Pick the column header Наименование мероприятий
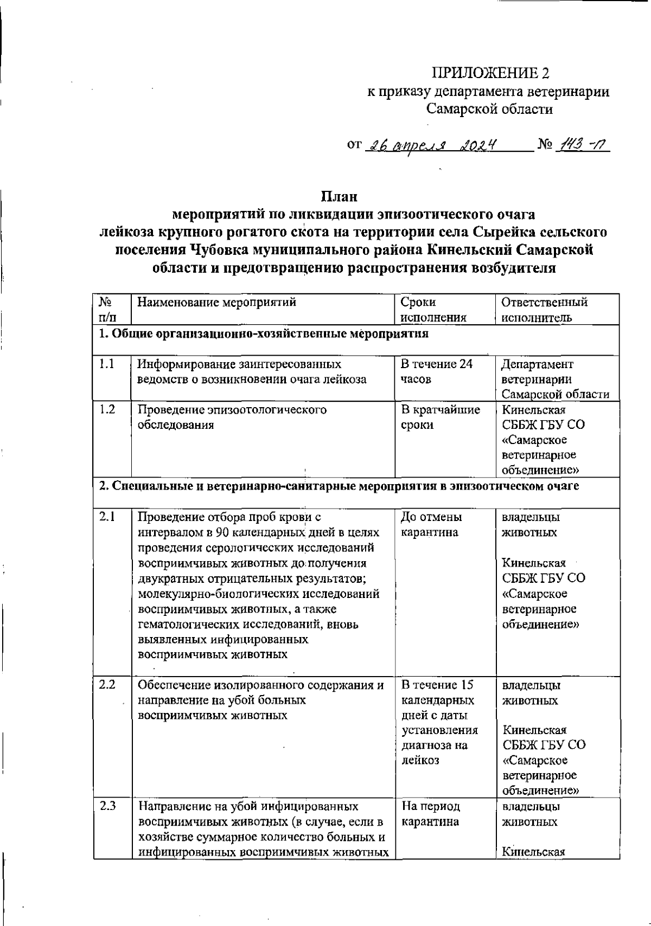(x=217, y=303)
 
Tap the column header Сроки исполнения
(x=433, y=310)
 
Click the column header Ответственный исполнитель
(x=544, y=310)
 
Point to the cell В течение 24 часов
(x=437, y=371)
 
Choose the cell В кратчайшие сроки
(x=440, y=417)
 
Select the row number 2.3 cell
(x=107, y=806)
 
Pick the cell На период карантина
(x=431, y=814)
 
